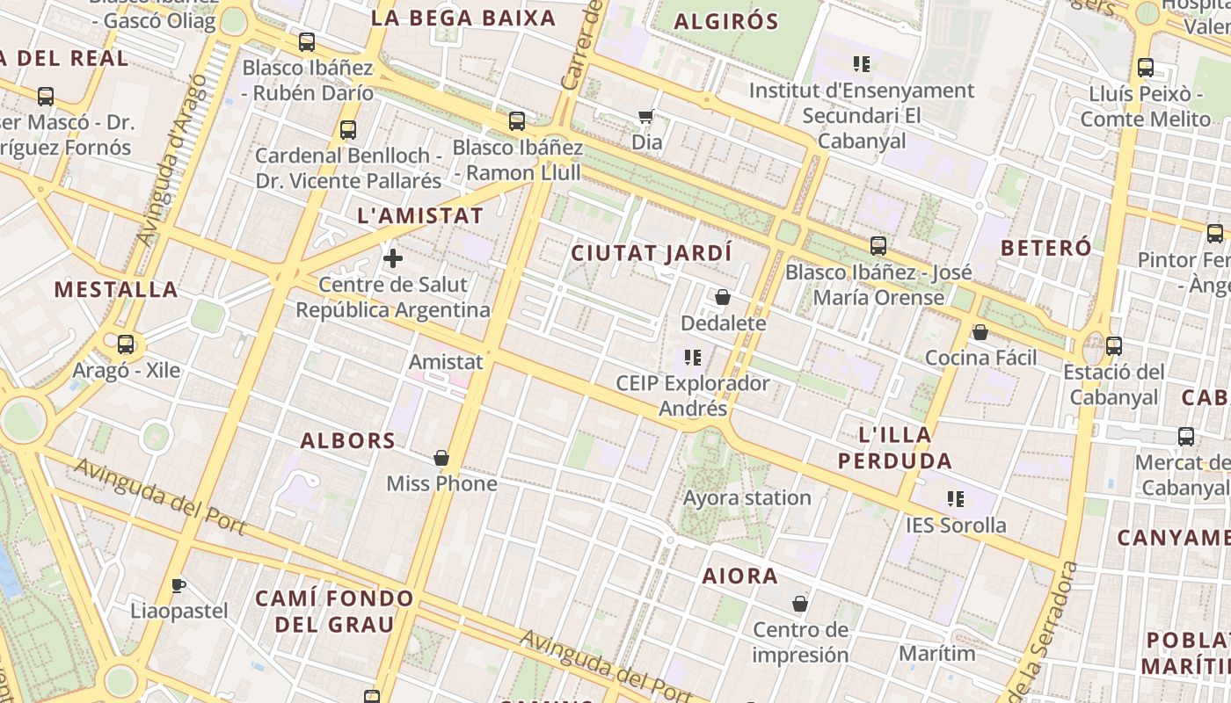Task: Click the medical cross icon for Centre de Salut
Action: (393, 258)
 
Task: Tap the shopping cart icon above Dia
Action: (646, 116)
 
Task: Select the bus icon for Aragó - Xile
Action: (126, 344)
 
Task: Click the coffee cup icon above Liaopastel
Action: (178, 585)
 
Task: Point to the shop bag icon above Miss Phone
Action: (441, 458)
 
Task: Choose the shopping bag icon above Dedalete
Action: (723, 297)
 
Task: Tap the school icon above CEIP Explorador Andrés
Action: (693, 357)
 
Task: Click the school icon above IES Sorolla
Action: (956, 499)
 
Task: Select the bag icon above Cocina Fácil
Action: (980, 331)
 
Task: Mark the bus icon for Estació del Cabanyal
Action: (1114, 346)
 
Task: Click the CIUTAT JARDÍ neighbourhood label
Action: (652, 253)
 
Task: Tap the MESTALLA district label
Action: (116, 289)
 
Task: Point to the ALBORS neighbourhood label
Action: (348, 440)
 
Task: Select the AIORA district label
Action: (740, 576)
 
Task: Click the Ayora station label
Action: (747, 497)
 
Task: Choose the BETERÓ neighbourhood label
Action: (1046, 247)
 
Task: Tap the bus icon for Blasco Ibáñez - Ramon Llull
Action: (517, 121)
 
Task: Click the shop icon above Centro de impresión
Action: (800, 604)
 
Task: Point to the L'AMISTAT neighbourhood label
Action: (421, 215)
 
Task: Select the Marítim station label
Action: (937, 653)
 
